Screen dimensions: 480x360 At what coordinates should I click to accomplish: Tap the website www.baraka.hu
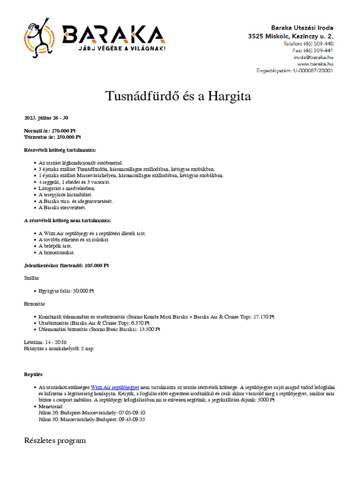coord(315,64)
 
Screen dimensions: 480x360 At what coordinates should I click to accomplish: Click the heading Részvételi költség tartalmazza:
coord(60,150)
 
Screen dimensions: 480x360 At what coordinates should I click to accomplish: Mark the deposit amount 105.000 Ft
coord(97,265)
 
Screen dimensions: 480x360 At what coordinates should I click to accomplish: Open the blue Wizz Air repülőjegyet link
coord(115,388)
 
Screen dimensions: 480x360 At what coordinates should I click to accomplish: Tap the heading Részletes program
coord(55,441)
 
